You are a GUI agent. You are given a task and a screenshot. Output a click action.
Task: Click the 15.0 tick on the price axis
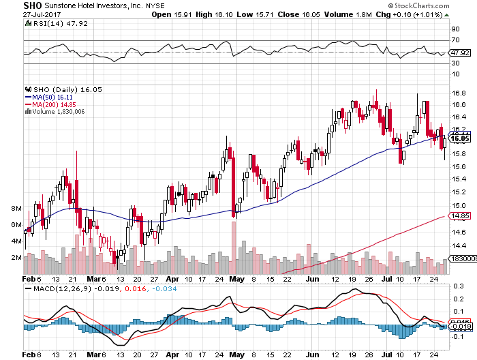point(458,206)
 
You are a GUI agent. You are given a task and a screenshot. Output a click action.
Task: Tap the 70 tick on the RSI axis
point(455,40)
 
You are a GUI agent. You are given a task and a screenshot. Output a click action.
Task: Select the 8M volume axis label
point(16,208)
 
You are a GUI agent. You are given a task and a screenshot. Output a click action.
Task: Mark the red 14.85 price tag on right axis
point(459,216)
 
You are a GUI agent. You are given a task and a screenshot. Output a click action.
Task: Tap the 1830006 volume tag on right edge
point(463,260)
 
